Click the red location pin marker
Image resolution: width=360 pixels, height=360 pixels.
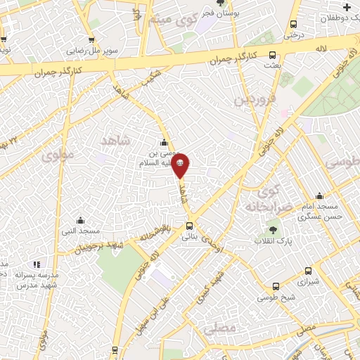181,165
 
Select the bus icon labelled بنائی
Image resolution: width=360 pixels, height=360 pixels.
189,226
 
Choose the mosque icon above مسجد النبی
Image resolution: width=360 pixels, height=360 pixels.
79,220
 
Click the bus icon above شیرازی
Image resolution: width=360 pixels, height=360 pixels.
308,271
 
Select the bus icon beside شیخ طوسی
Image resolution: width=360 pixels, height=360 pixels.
276,288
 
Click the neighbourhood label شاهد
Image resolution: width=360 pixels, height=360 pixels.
116,141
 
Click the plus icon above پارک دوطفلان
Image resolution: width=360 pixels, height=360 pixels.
347,6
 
